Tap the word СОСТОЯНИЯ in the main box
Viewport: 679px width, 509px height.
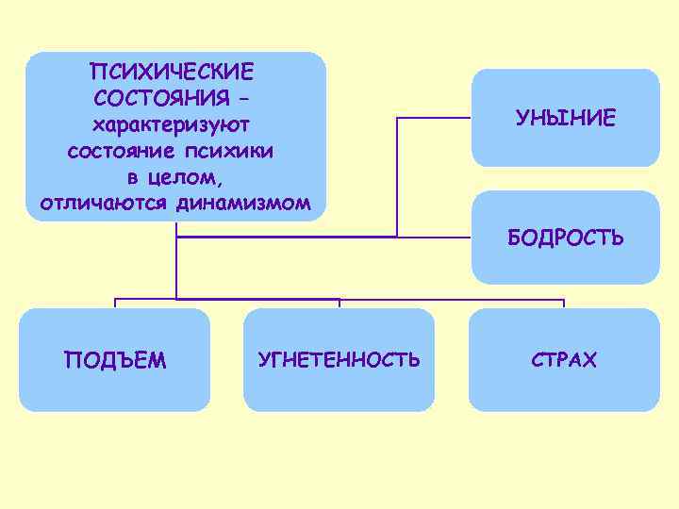point(161,98)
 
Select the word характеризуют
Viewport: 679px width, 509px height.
point(175,125)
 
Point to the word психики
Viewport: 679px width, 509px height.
point(244,151)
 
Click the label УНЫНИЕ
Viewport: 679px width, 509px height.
point(565,118)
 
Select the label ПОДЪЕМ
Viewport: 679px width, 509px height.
point(115,360)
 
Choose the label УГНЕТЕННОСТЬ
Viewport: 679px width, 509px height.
point(339,360)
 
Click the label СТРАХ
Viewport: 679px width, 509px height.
point(564,360)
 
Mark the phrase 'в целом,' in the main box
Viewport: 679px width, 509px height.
point(175,177)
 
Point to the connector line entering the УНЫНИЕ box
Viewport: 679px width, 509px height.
point(434,118)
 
